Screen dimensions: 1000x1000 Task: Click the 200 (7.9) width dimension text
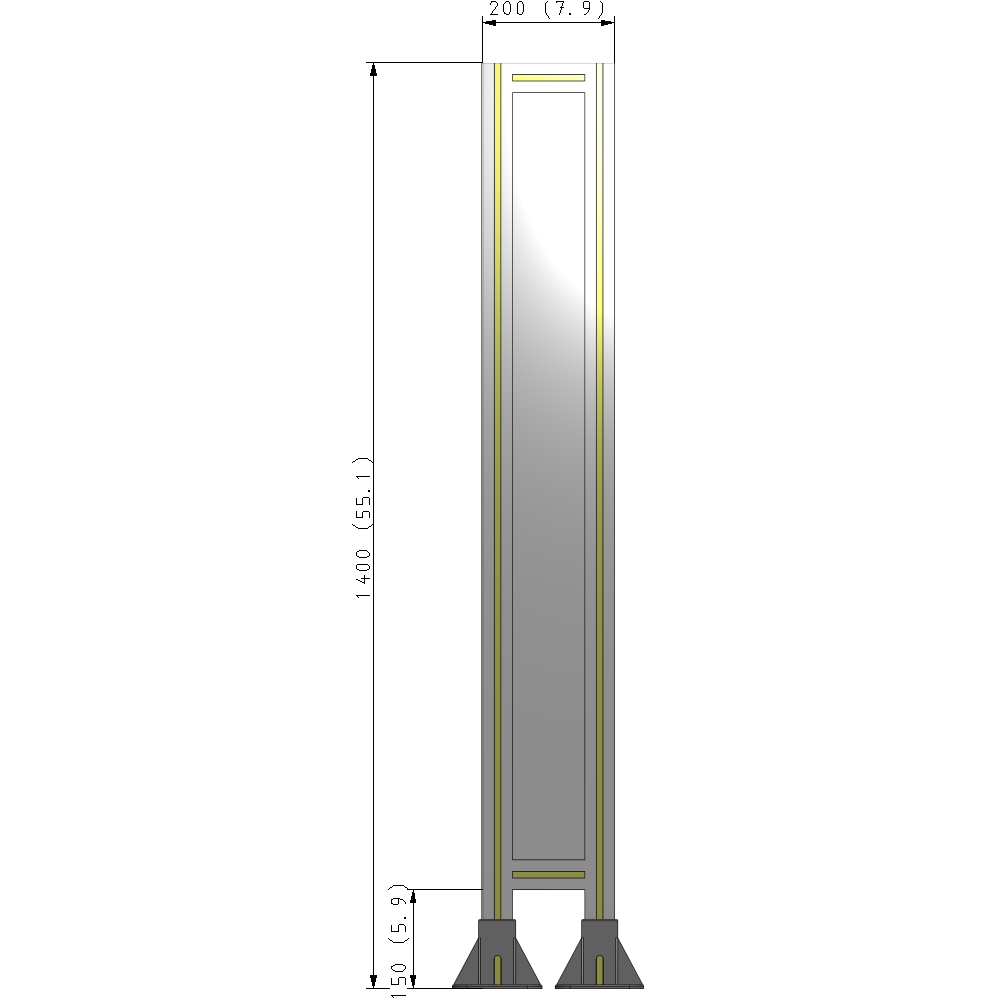point(547,10)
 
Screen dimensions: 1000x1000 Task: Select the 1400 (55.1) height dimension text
point(364,527)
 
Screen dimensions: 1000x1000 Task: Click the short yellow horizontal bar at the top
point(548,77)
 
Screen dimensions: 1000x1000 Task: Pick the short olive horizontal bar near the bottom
point(548,875)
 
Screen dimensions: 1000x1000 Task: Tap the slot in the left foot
point(498,969)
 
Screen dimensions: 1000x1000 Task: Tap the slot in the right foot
point(599,969)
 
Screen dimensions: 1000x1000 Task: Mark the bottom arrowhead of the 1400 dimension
point(374,981)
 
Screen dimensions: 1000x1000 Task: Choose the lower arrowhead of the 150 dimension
point(414,981)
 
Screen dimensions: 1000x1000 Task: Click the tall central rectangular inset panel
point(548,475)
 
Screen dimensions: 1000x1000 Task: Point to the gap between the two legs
point(548,905)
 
